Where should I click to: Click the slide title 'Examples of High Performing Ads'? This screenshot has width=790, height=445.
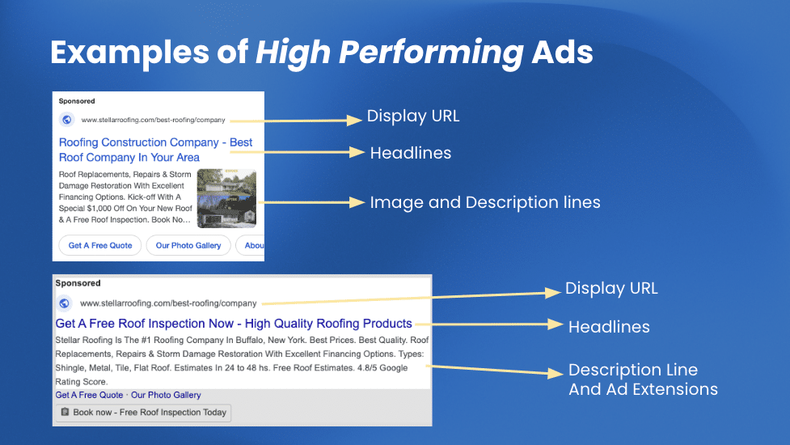[321, 53]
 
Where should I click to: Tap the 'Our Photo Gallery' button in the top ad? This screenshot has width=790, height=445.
[188, 245]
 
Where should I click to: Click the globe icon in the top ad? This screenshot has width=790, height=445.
[66, 120]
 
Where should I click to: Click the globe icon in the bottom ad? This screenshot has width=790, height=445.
[65, 303]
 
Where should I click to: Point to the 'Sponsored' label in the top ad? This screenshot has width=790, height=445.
[77, 102]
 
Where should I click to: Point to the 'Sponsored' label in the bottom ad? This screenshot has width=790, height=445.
[78, 284]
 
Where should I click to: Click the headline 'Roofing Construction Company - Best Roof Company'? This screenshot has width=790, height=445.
[155, 150]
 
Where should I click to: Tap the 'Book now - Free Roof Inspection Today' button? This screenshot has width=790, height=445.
[143, 413]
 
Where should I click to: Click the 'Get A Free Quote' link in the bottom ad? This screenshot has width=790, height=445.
[89, 395]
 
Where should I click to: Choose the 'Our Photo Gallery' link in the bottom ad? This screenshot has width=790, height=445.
[166, 395]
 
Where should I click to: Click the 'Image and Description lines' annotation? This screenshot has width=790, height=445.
[485, 202]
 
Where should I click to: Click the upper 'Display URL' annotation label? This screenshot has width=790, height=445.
[413, 116]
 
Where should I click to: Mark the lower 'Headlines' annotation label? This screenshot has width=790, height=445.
[609, 327]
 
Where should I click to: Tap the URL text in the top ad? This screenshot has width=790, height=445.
[153, 120]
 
